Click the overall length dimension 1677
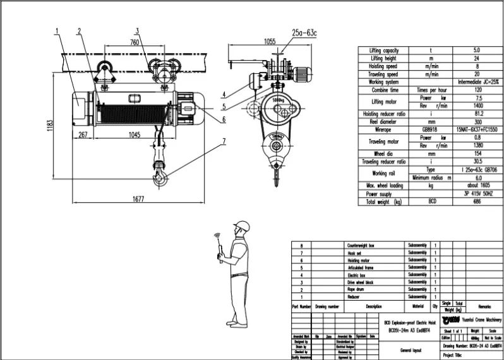tap(138, 198)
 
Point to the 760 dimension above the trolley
tap(134, 43)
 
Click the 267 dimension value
tap(82, 135)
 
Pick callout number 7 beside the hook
tap(223, 141)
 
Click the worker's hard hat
tap(241, 225)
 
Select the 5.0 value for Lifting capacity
tap(476, 50)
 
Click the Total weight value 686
tap(476, 202)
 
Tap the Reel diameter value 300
tap(476, 121)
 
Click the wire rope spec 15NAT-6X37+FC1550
tap(476, 129)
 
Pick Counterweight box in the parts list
tap(364, 246)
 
